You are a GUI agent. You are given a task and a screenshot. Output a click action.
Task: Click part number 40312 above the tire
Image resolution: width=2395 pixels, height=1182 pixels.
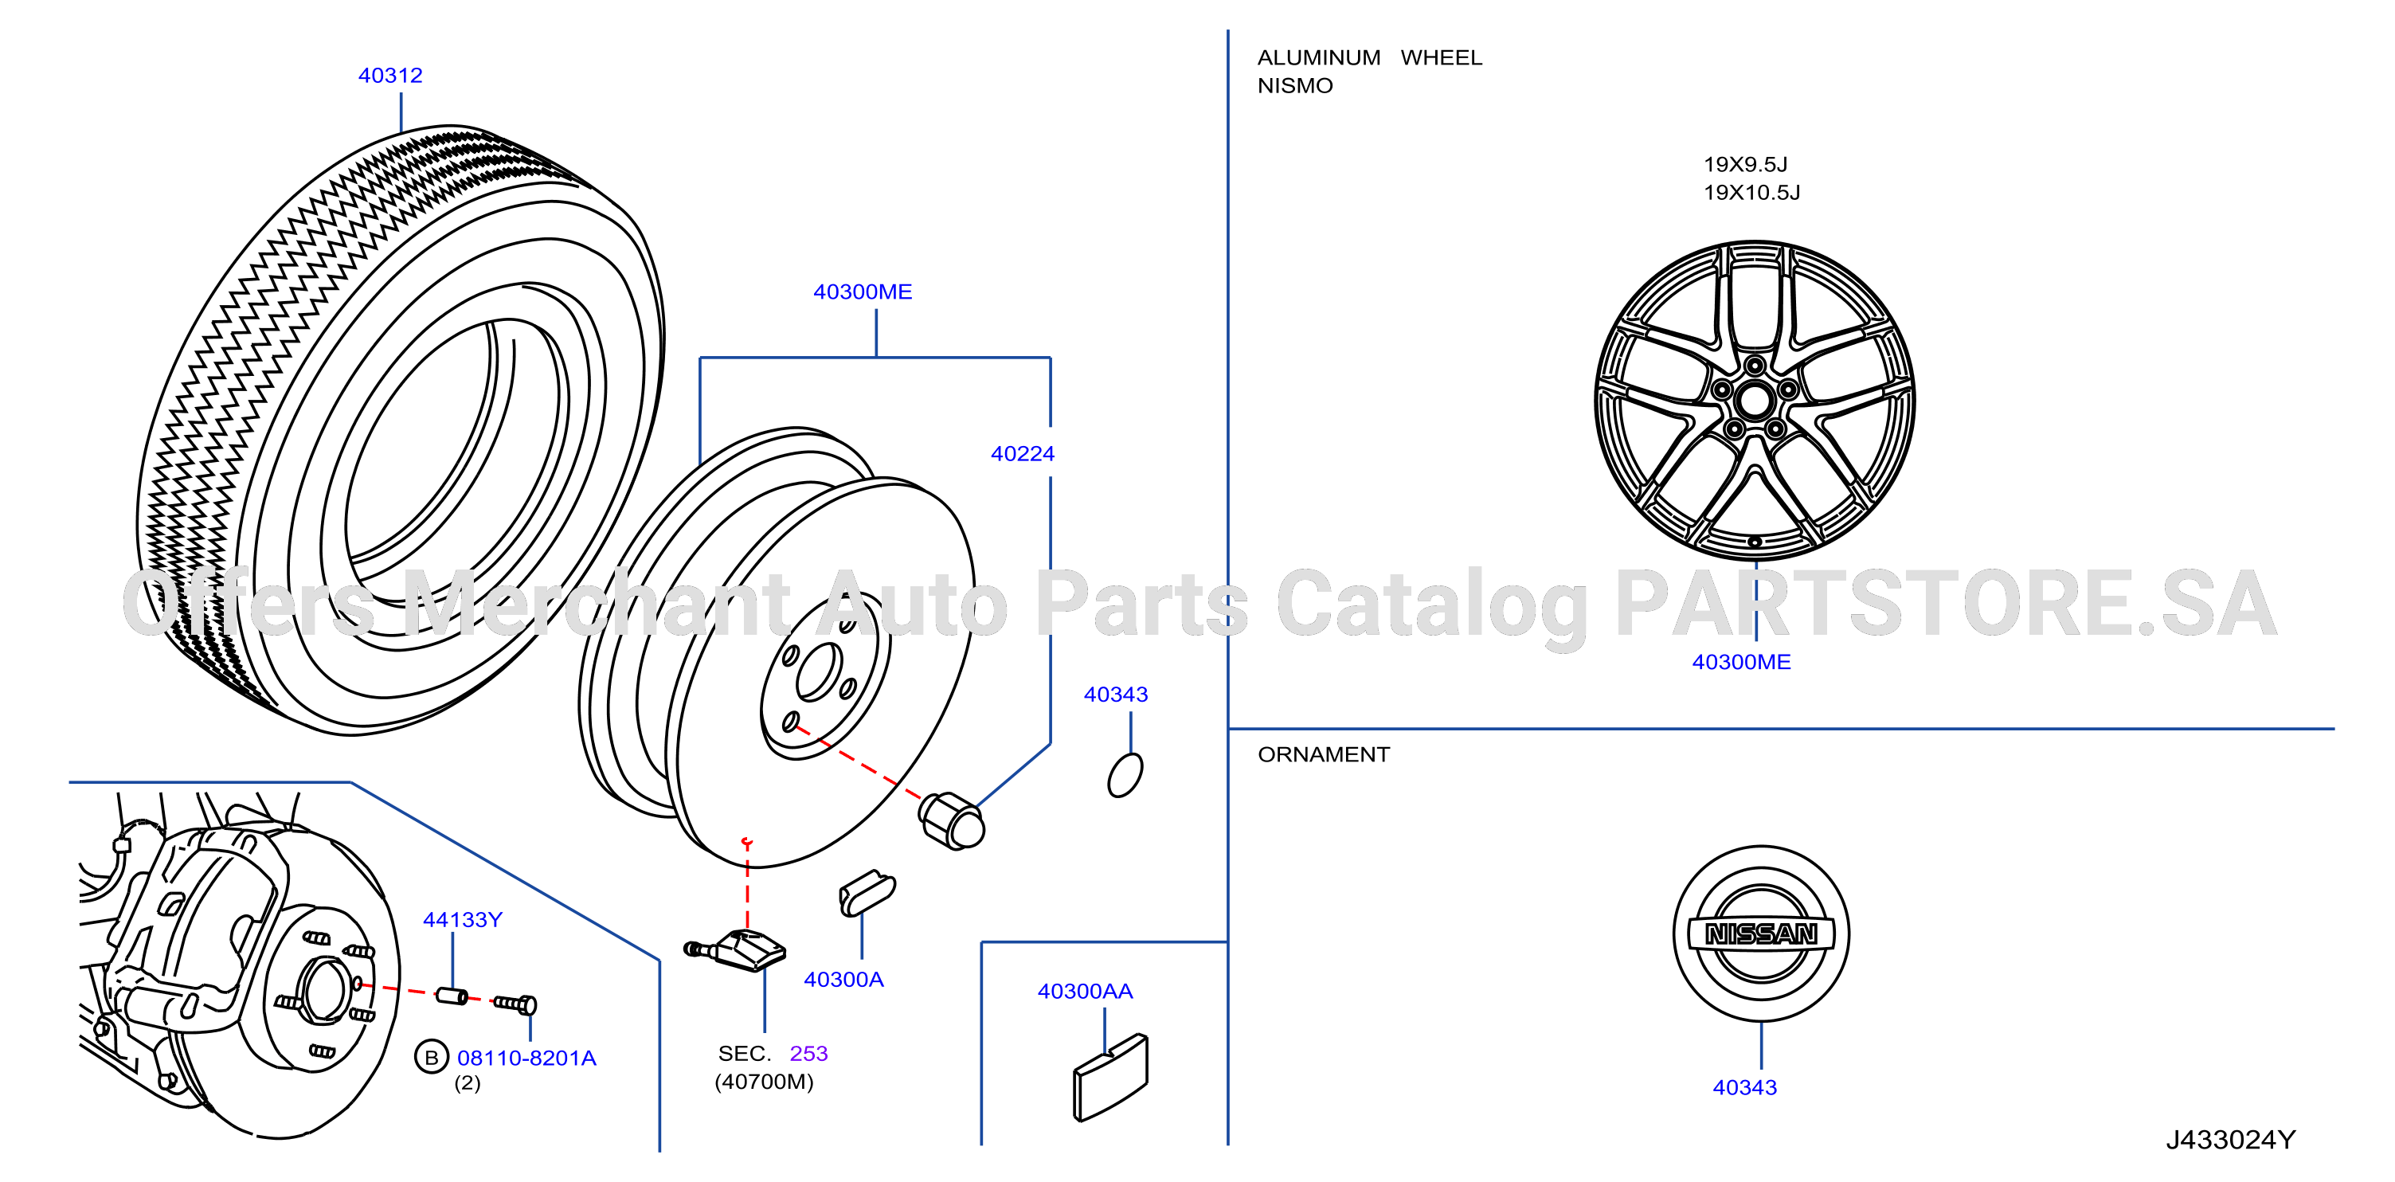390,76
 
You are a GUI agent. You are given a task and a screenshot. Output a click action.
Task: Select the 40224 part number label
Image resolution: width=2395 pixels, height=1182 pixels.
1023,454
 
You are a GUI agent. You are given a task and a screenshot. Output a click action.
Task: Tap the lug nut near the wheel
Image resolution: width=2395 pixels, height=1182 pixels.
951,821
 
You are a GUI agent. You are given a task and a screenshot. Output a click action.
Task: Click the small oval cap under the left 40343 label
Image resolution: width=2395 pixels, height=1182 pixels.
1125,775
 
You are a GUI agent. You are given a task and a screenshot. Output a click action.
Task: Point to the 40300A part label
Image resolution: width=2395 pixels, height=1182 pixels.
843,979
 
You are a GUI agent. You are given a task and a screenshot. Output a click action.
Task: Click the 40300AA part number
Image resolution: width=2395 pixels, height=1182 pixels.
1085,992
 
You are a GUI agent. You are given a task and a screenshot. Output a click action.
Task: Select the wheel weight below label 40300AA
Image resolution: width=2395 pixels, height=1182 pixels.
1110,1078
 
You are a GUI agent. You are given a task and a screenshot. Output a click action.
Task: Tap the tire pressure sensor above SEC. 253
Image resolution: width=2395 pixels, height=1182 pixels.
735,949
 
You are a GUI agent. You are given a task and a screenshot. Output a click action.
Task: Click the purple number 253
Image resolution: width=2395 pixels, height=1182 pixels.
808,1054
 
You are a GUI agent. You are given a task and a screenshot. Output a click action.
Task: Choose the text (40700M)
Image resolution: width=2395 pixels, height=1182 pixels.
765,1082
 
